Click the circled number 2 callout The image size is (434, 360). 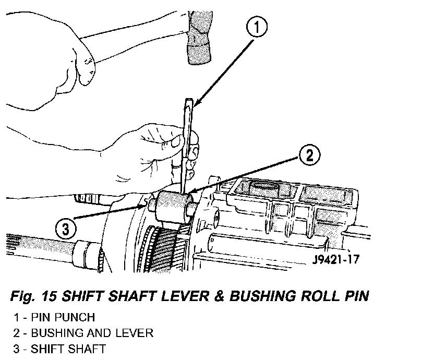[x=309, y=154]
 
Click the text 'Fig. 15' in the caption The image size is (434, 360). [x=34, y=296]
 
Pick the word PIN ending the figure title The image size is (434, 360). [x=355, y=296]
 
